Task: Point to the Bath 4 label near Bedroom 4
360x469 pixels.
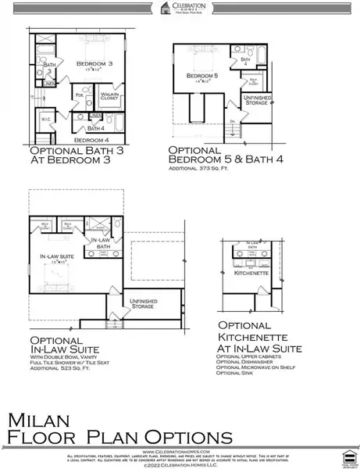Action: (96, 127)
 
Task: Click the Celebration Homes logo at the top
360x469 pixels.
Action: (180, 8)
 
